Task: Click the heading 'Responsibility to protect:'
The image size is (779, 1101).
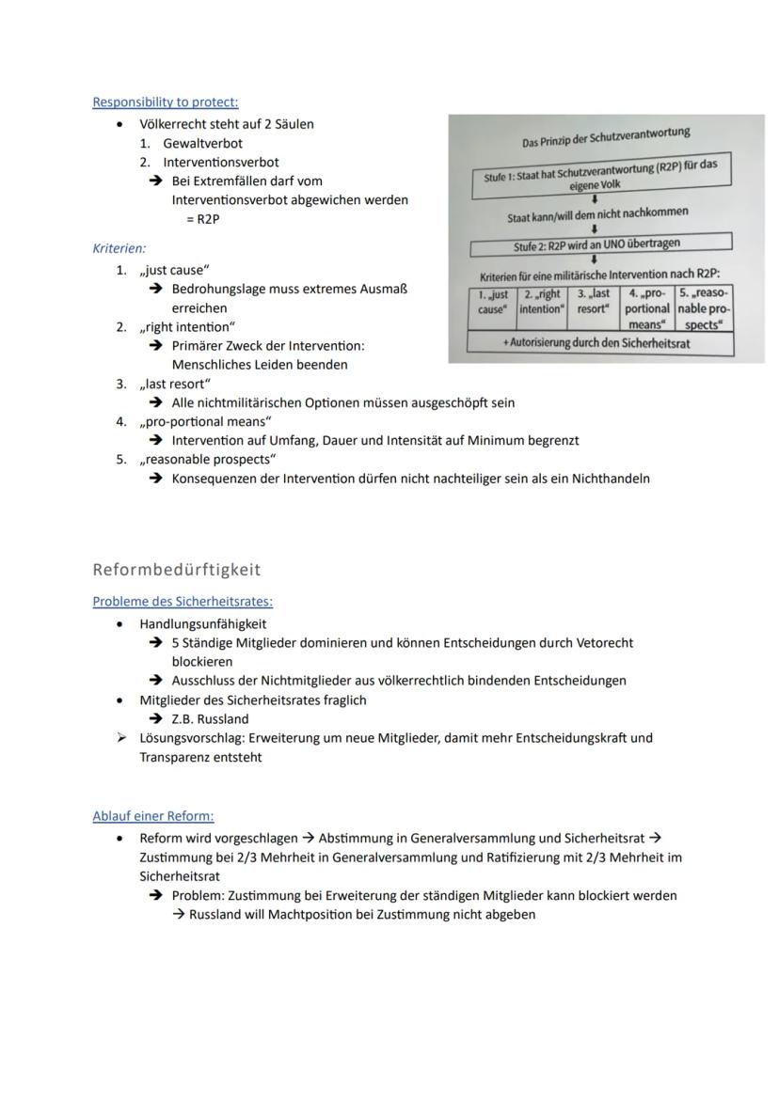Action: (x=165, y=102)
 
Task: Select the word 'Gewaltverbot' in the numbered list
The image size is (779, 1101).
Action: (x=202, y=143)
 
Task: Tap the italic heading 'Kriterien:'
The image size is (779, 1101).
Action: (x=119, y=248)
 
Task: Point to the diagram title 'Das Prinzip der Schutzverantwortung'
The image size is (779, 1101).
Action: (x=606, y=137)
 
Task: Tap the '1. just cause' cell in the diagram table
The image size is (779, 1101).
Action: (x=491, y=302)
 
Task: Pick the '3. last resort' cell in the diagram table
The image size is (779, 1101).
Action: (x=593, y=302)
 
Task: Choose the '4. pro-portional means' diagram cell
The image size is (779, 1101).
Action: (x=647, y=308)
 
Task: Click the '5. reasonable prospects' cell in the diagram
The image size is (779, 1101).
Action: (x=704, y=308)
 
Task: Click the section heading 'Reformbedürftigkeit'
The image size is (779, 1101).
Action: (x=177, y=569)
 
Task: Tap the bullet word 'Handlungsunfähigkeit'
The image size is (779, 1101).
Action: (x=202, y=623)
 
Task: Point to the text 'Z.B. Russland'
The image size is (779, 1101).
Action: (x=210, y=718)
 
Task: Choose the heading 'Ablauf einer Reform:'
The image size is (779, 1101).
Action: (x=152, y=816)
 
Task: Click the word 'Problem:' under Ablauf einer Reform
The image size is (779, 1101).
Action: (x=198, y=895)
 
